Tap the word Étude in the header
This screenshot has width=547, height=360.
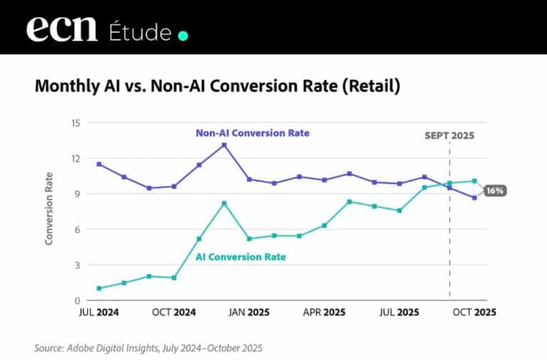coord(140,32)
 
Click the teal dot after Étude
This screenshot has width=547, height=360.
coord(183,35)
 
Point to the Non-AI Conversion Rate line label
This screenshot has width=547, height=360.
coord(253,133)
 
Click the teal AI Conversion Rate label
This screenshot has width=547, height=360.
coord(240,257)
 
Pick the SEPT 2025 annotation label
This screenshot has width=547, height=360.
coord(449,135)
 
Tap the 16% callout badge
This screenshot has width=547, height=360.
coord(495,191)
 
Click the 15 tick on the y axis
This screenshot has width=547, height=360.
coord(75,123)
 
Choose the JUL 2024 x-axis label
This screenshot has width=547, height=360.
coord(99,312)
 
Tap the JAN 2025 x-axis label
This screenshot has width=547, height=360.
coord(249,312)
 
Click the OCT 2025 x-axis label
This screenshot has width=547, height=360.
coord(474,312)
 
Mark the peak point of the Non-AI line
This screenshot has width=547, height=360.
coord(224,145)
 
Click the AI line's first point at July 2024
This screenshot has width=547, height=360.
coord(99,289)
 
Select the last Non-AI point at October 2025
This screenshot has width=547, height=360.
coord(474,198)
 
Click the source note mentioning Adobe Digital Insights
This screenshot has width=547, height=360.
coord(148,349)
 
